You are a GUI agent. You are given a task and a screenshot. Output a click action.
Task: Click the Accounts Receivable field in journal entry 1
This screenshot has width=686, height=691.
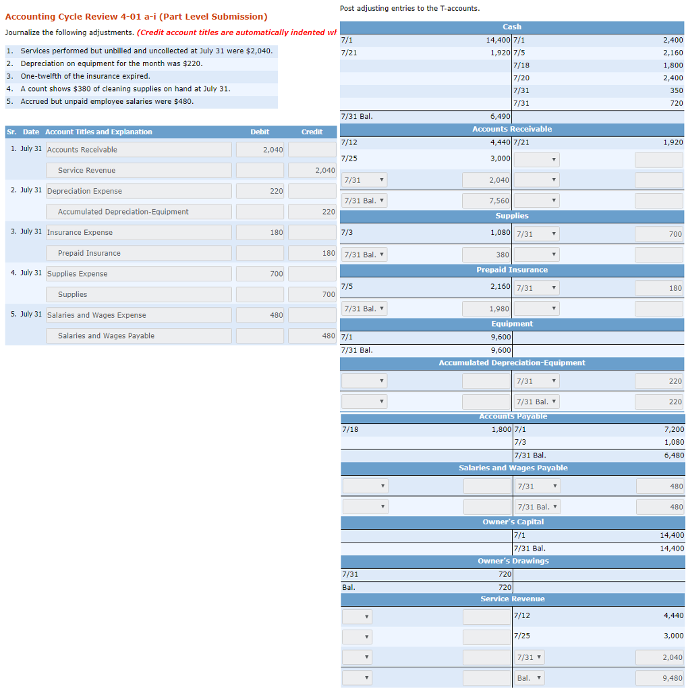pos(138,150)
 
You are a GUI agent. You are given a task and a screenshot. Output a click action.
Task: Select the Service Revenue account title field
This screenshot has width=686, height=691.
pos(138,171)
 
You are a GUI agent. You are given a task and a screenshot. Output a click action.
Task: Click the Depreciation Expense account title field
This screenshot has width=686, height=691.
pos(138,191)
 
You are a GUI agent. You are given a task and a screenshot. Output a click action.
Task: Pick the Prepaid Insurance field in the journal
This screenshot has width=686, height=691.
pos(138,253)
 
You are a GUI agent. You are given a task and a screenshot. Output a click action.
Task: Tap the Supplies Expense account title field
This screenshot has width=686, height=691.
pos(138,274)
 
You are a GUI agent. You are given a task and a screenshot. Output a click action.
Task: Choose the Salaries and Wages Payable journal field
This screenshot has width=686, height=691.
pos(138,336)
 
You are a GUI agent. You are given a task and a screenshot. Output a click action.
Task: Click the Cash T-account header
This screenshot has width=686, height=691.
pos(512,26)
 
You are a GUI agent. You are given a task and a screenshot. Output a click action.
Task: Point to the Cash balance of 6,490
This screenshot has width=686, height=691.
pos(500,116)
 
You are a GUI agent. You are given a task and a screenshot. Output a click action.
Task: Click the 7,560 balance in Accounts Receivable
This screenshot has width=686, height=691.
pos(486,201)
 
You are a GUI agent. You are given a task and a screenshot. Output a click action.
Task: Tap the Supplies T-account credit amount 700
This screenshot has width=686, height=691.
pos(658,234)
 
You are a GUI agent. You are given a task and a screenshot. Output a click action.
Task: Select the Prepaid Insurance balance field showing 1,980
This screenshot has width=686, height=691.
pos(486,309)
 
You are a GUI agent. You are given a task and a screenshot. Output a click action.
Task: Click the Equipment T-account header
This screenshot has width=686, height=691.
pos(512,324)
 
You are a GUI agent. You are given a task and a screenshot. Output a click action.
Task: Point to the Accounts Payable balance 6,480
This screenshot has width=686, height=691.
pos(674,455)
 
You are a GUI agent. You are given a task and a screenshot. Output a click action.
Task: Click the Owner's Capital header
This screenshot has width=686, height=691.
pos(512,522)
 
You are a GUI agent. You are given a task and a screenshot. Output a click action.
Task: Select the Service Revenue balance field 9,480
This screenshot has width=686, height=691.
pos(658,678)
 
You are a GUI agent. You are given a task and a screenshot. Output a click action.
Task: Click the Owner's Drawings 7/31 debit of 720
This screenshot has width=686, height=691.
pos(505,574)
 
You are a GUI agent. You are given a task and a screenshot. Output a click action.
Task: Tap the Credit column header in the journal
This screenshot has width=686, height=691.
pos(312,132)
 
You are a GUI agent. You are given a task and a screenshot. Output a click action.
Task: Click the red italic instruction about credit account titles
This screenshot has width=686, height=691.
pos(235,32)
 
